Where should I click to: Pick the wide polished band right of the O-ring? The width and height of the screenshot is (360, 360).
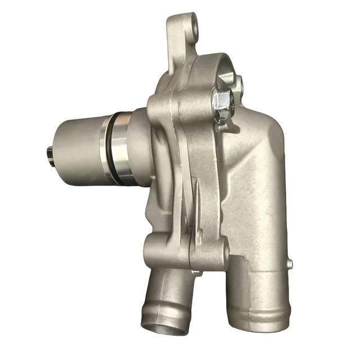point(127,148)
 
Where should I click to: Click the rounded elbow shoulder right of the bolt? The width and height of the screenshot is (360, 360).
point(264,141)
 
